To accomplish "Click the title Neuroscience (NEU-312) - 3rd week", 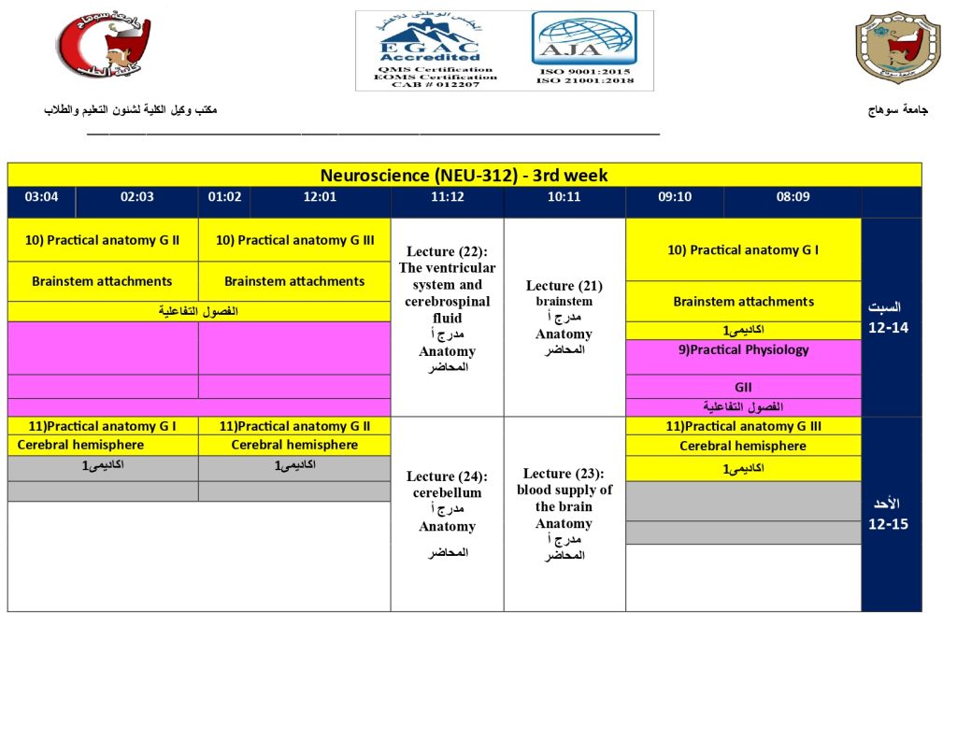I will tap(464, 175).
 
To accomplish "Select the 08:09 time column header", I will tap(793, 196).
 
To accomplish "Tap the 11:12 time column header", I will tap(447, 196).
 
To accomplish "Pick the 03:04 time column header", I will tap(42, 196).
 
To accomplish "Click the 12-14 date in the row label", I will tap(887, 328).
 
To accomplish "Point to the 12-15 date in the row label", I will tap(887, 524).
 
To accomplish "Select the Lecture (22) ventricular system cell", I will tap(447, 309).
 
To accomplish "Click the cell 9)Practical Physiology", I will tap(744, 350).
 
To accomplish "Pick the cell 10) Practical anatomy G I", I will tap(743, 249).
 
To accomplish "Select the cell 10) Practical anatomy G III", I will tap(294, 240).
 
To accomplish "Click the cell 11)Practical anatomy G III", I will tap(744, 426).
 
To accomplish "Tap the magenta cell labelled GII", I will tap(743, 387).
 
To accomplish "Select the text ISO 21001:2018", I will tap(585, 80).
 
